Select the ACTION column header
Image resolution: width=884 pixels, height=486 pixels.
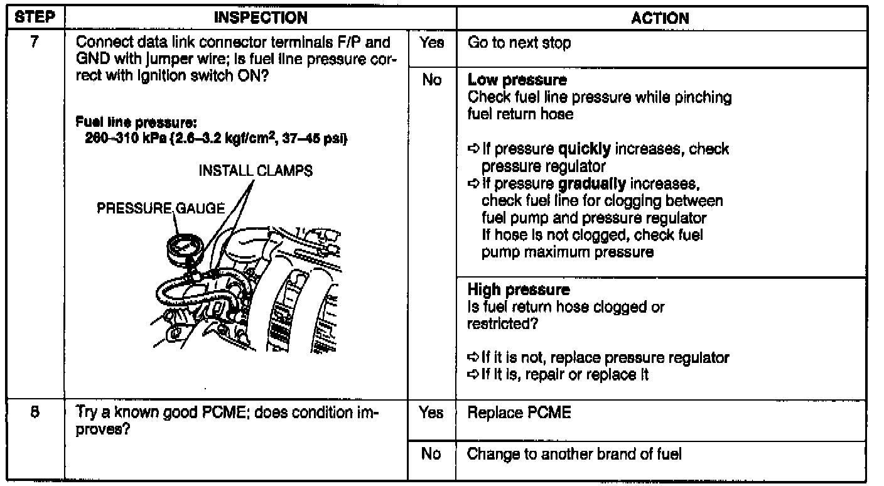pos(660,18)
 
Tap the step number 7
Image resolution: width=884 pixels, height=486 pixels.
pos(33,44)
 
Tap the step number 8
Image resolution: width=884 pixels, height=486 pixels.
pos(33,413)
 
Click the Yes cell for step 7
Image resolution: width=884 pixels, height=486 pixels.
pos(432,44)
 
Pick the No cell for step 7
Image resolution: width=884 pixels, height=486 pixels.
pos(432,81)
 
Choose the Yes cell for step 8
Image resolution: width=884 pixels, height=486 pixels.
pos(432,414)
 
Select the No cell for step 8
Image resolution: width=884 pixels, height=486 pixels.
pos(432,453)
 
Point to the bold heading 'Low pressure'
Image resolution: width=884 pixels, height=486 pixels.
pos(517,80)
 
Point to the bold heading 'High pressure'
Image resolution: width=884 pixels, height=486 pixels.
pos(519,290)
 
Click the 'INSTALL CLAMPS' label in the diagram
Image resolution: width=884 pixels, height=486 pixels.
pos(256,171)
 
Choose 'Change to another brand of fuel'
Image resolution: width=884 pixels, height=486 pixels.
pos(574,453)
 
